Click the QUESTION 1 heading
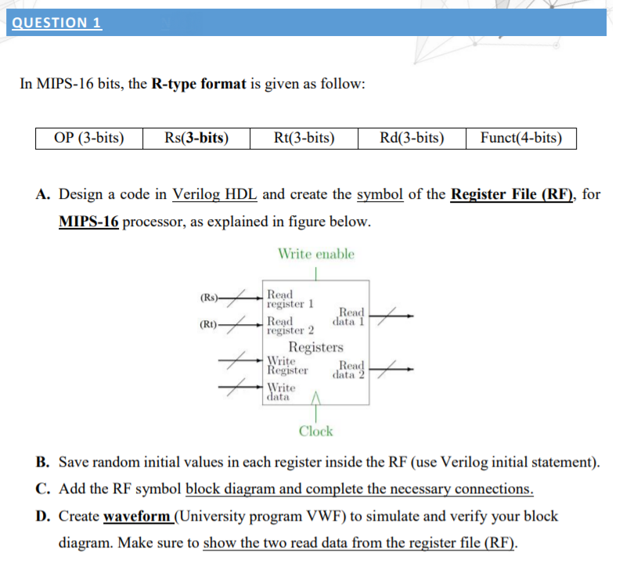[56, 22]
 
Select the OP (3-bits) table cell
[89, 139]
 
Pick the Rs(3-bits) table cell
[196, 139]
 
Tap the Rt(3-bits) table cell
[304, 139]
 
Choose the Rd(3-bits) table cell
[412, 139]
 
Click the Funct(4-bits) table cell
[521, 139]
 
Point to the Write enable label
[315, 254]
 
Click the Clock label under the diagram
[315, 431]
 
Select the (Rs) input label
[209, 298]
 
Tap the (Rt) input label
[209, 324]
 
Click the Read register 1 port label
[290, 298]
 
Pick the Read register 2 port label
[290, 325]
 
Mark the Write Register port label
[286, 366]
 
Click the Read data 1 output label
[349, 316]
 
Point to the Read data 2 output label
[350, 369]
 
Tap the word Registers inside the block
[316, 347]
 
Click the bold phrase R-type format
[196, 84]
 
